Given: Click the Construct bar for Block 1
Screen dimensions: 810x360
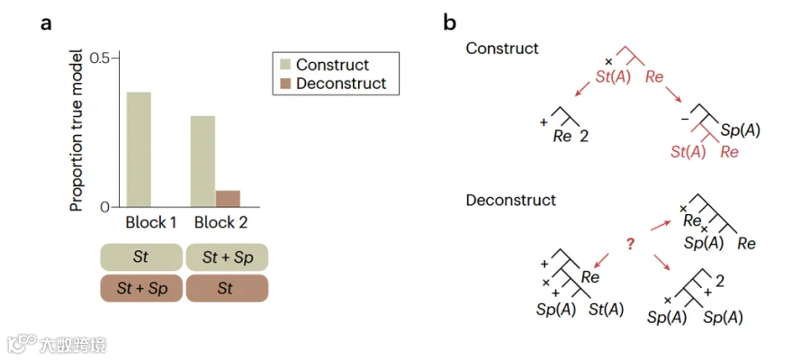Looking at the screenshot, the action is (x=139, y=149).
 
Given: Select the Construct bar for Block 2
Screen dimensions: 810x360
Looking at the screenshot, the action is (x=203, y=161).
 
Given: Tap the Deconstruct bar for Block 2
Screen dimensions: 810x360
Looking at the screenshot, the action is (x=228, y=199).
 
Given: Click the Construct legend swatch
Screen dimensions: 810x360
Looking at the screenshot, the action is (x=284, y=65).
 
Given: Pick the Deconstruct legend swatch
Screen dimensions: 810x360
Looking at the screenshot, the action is (x=284, y=83).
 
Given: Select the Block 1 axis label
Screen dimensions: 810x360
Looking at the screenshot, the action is (x=151, y=223).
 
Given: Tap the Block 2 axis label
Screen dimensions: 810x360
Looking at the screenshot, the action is (x=221, y=223).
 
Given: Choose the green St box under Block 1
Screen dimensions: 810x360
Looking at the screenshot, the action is (x=141, y=257).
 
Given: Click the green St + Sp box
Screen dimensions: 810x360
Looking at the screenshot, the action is (x=228, y=257).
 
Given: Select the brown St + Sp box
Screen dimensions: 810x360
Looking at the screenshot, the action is (x=141, y=288).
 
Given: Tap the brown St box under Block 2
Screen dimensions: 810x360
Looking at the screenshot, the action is (x=228, y=288).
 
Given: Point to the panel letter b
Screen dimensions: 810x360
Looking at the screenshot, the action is (x=450, y=23).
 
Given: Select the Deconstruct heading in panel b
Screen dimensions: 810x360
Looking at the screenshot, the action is (x=511, y=201).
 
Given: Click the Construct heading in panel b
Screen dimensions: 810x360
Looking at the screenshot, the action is (x=502, y=49).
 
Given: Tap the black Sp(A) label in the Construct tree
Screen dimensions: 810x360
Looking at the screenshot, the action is (x=741, y=130).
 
